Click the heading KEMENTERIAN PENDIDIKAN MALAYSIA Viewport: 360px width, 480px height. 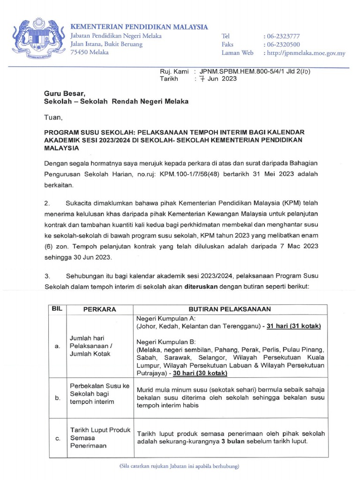tap(139, 27)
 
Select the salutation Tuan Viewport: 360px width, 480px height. tap(52, 117)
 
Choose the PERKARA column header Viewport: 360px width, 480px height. tap(99, 309)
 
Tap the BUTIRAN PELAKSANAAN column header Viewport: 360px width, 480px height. tap(230, 309)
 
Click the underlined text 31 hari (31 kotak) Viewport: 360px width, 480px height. tap(293, 326)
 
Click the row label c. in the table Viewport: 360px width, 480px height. tap(58, 439)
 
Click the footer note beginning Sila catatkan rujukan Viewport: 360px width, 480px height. tap(180, 467)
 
